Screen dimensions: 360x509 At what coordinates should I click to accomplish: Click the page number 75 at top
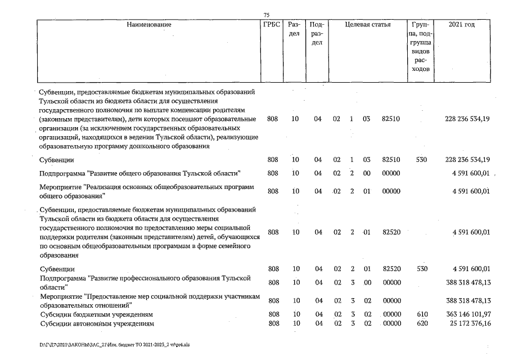[267, 15]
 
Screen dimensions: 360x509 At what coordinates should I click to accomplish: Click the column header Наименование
[148, 25]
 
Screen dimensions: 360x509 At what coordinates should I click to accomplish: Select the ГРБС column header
[271, 25]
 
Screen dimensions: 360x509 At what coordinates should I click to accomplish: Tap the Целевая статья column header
[367, 25]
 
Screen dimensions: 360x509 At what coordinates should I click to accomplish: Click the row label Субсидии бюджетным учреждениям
[96, 314]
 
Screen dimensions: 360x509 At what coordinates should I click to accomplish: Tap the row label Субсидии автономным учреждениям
[97, 324]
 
